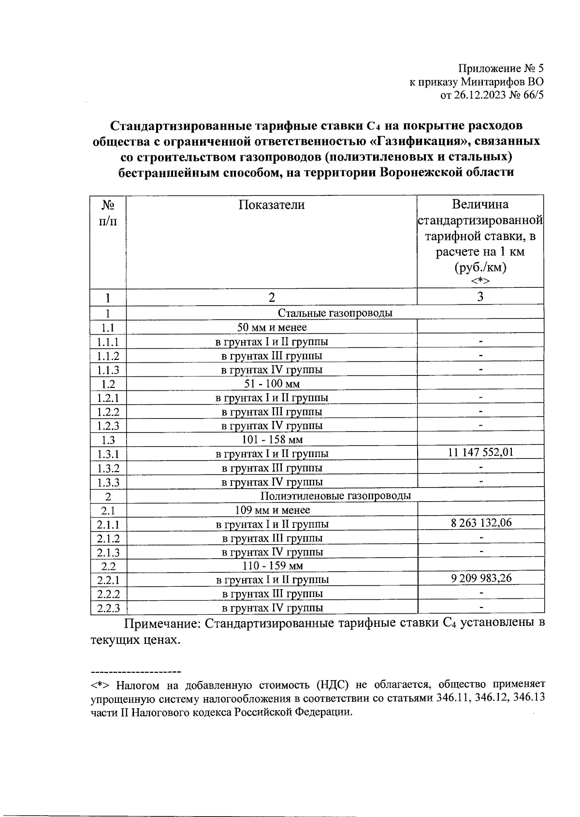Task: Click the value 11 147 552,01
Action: (480, 453)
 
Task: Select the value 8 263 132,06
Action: (480, 523)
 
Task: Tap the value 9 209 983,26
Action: (480, 579)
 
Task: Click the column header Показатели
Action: (272, 205)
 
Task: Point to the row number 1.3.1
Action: (108, 454)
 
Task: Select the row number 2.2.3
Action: (108, 608)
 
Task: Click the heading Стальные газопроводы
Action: (335, 313)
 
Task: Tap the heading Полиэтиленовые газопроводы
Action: (335, 496)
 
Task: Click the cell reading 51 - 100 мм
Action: (272, 384)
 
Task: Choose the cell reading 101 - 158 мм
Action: (272, 440)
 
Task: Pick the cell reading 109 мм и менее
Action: (272, 510)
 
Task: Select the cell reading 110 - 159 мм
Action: (272, 566)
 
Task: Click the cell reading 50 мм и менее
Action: (272, 328)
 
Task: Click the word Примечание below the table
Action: (162, 624)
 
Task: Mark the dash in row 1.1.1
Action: (480, 342)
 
